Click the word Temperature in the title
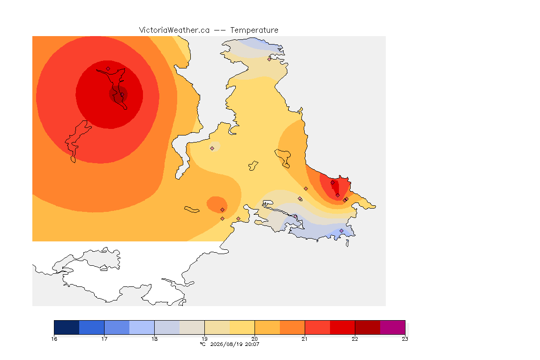[x=254, y=30]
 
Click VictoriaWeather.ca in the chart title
[x=174, y=30]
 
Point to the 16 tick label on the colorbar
[x=54, y=339]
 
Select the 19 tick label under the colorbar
[x=204, y=339]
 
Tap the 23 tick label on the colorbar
[x=405, y=339]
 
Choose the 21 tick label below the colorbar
[x=305, y=339]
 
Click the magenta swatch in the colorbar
[x=393, y=327]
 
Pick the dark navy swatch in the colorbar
[x=67, y=327]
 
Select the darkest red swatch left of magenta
[x=367, y=327]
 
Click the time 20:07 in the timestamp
[x=252, y=344]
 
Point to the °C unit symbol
[x=202, y=344]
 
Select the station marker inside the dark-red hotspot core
[x=122, y=95]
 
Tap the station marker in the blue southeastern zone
[x=341, y=231]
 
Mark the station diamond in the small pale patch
[x=212, y=149]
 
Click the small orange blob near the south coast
[x=217, y=205]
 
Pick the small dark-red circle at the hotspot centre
[x=119, y=94]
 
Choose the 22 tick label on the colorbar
[x=355, y=339]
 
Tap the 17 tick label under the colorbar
[x=105, y=339]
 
